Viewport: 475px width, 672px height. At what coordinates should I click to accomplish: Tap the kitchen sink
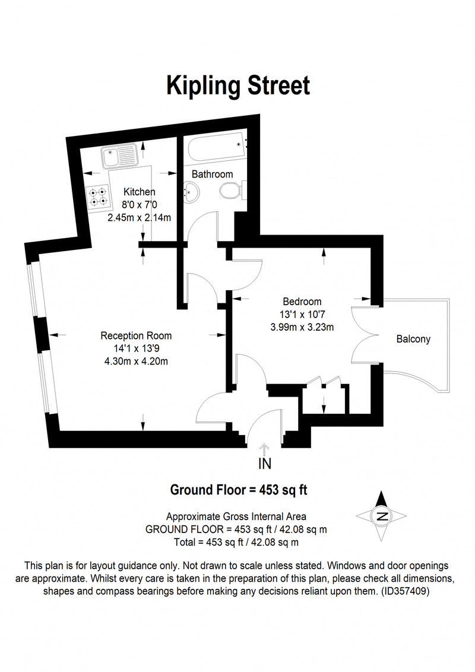119,156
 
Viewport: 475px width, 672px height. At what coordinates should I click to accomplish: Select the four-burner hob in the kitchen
98,196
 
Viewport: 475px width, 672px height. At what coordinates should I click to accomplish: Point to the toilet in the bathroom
233,191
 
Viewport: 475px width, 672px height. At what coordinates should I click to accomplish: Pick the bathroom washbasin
191,192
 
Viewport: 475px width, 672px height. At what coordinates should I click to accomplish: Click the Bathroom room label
212,174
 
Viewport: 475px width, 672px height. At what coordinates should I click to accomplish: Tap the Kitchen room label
140,192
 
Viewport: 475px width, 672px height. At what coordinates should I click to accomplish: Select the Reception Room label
136,335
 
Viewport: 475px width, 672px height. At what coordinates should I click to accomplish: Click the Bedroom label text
302,302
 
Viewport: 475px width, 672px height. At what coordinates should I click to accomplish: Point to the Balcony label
413,339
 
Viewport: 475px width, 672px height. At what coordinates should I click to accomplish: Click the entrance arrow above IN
264,449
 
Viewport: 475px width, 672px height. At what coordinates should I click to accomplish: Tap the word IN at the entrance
264,464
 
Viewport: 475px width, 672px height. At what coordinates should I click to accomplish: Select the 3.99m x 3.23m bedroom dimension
302,328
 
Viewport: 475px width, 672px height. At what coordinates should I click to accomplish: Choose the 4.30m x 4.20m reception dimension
137,362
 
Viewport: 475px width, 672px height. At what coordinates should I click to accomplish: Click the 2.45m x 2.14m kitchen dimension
140,217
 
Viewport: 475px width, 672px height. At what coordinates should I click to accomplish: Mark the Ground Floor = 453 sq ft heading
239,490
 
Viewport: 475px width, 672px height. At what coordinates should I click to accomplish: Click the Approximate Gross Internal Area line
236,517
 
